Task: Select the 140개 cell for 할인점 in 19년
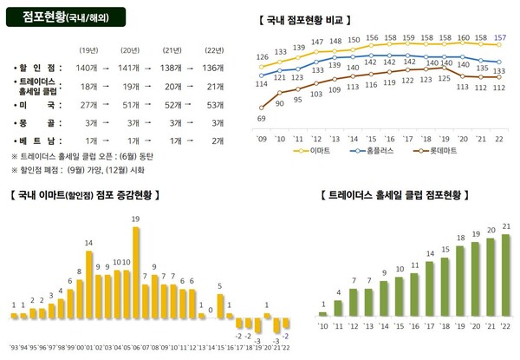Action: click(x=88, y=66)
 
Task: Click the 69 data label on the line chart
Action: click(x=262, y=118)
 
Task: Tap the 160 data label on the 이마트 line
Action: click(x=464, y=37)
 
